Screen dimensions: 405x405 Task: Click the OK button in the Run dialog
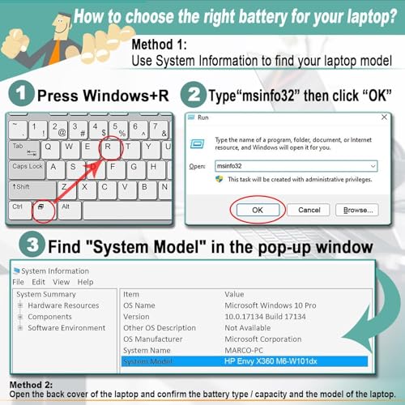[x=258, y=210]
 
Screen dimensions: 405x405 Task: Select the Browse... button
[x=357, y=210]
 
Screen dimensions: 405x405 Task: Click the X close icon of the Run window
[x=384, y=117]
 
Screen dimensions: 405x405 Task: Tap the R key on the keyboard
[x=109, y=149]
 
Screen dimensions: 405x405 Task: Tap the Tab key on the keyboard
[x=24, y=149]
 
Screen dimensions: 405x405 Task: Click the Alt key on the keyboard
[x=69, y=210]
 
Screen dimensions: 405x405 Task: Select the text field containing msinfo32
[x=296, y=166]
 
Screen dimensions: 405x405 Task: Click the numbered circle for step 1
[x=21, y=93]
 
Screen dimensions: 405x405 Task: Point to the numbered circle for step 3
[x=32, y=245]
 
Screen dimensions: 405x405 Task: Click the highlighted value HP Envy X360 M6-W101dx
[x=271, y=361]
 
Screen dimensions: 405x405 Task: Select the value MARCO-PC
[x=244, y=350]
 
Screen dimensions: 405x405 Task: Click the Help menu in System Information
[x=85, y=282]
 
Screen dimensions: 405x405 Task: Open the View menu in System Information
[x=62, y=282]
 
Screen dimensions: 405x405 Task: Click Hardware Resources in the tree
[x=63, y=305]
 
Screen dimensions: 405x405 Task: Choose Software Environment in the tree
[x=66, y=328]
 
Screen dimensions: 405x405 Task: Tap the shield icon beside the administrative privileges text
[x=220, y=179]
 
